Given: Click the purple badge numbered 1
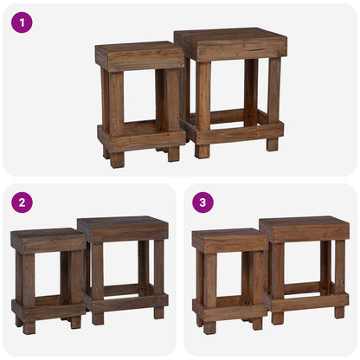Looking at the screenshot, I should click(22, 22).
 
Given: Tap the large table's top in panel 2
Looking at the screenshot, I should click(123, 228).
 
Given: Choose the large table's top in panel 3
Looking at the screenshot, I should click(304, 228).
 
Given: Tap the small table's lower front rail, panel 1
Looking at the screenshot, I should click(142, 139).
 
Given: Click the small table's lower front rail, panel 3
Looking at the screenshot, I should click(230, 308).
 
